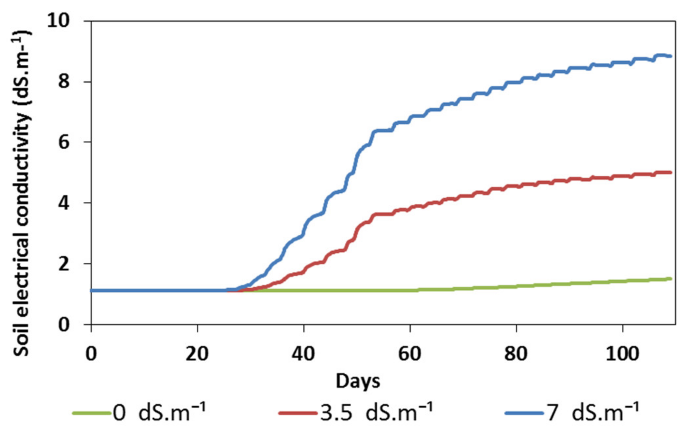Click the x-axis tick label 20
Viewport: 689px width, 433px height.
point(197,354)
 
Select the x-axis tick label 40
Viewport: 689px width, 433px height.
point(303,354)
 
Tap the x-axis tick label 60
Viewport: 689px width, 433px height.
point(410,354)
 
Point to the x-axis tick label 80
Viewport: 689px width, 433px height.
point(516,354)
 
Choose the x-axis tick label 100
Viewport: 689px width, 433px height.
point(622,354)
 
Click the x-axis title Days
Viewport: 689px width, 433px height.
point(358,381)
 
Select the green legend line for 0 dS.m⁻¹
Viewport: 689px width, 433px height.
point(91,413)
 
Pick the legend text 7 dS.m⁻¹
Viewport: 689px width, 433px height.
point(593,412)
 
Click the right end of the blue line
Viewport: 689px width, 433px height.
point(671,56)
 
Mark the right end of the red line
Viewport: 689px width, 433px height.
point(671,172)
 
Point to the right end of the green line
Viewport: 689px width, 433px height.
point(671,279)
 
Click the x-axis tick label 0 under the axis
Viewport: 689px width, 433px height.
point(91,354)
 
